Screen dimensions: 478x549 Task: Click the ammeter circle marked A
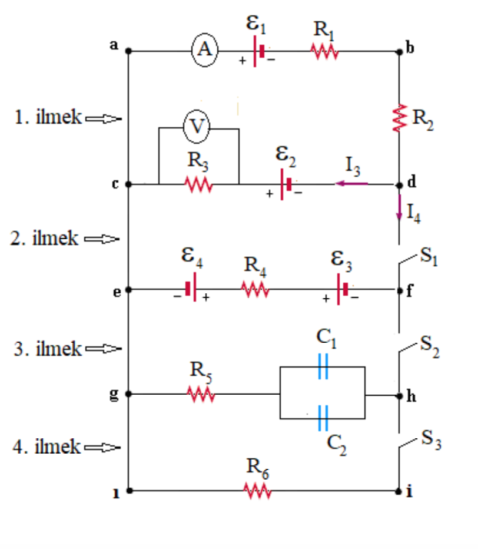point(205,49)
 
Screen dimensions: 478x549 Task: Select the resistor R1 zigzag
point(324,52)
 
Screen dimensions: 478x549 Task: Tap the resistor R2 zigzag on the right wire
point(400,118)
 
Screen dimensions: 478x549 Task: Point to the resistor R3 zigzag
point(198,184)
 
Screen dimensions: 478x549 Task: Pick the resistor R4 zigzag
point(255,290)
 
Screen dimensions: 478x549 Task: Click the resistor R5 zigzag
point(201,394)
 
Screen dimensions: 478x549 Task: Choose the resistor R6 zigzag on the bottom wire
point(258,491)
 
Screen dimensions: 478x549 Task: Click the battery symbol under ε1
point(258,51)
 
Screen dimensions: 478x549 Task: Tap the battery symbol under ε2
point(286,184)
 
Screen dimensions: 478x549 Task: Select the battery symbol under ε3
point(342,290)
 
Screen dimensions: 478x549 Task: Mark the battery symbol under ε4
point(191,289)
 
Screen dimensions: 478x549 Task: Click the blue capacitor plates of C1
point(323,366)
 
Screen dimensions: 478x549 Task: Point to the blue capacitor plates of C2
point(323,418)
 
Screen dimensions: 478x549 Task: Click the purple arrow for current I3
point(351,183)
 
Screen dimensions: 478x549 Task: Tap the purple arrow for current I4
point(399,207)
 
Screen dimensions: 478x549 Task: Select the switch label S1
point(429,256)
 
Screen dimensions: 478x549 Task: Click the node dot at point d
point(399,185)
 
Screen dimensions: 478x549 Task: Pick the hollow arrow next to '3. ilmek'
point(104,349)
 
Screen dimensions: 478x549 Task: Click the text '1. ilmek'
point(48,117)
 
